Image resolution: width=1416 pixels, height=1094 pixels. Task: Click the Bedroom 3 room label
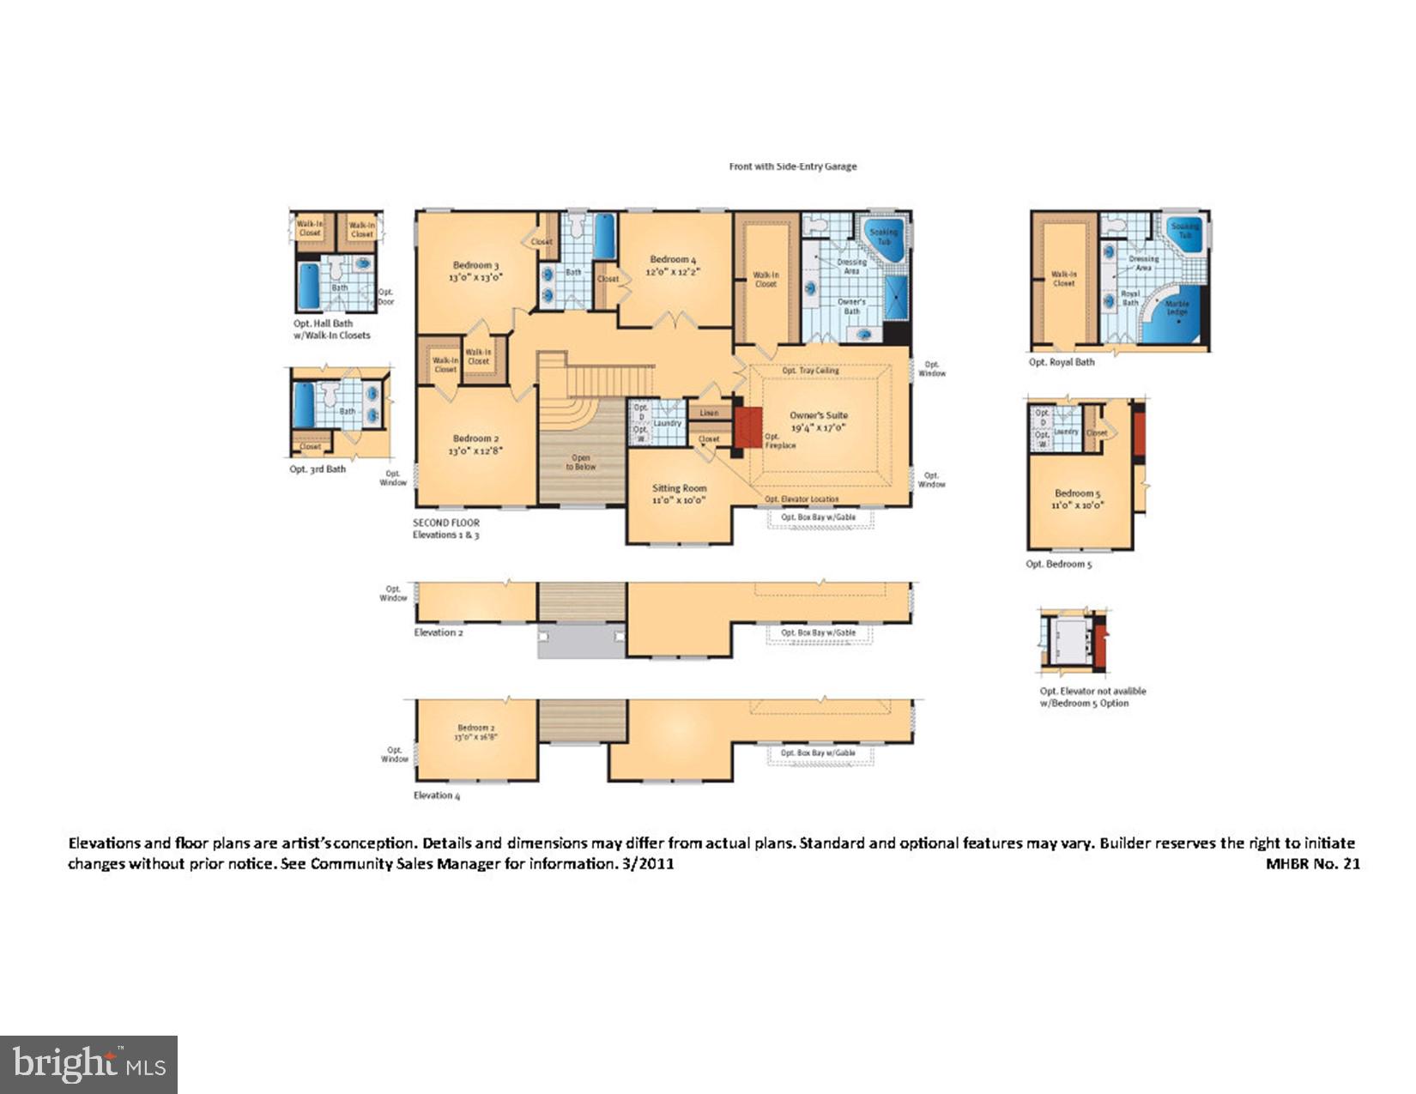click(475, 265)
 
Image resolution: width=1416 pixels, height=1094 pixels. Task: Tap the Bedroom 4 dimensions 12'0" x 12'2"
click(673, 272)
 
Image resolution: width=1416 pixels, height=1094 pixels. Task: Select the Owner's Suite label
click(818, 415)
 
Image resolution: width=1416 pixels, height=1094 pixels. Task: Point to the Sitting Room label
click(679, 488)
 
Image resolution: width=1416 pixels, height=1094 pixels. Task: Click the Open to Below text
click(581, 462)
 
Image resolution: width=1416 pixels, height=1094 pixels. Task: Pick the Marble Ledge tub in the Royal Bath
click(1177, 310)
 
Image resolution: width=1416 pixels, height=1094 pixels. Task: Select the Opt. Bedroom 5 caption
click(1059, 564)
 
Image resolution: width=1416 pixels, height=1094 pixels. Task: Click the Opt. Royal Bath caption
click(1062, 362)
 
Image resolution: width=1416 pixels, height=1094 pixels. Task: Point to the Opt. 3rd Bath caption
click(318, 469)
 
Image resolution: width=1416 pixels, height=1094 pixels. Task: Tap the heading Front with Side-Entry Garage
click(792, 166)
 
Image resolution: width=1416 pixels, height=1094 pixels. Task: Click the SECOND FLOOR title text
click(446, 523)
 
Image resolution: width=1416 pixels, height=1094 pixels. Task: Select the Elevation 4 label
click(437, 795)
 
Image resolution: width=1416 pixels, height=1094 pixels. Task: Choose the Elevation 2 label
click(439, 632)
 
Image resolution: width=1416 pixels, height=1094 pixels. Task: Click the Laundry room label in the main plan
click(667, 423)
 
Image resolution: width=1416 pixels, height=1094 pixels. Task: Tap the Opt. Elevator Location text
click(802, 499)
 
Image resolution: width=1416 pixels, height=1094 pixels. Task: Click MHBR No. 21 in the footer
click(1312, 864)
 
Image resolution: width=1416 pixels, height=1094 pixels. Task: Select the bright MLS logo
click(88, 1065)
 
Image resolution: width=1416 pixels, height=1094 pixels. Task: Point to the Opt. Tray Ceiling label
click(810, 371)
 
